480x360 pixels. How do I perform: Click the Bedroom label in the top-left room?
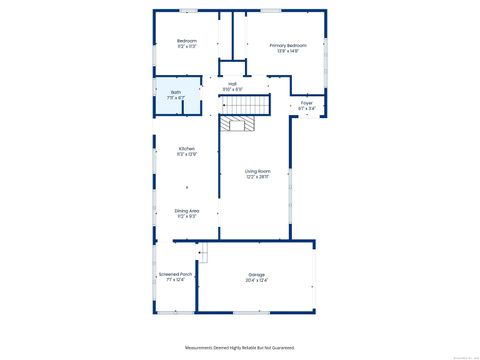coord(187,41)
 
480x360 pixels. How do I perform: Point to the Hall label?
coord(232,83)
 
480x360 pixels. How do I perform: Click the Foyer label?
coord(307,102)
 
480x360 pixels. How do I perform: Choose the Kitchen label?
coord(187,148)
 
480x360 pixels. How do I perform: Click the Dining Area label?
coord(187,210)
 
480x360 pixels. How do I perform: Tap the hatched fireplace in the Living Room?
coord(238,123)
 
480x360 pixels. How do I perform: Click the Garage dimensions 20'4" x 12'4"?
coord(257,280)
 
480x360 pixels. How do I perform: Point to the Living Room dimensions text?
coord(258,177)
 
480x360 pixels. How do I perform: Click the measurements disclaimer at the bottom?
coord(240,347)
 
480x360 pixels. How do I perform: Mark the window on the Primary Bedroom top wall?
coord(270,11)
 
